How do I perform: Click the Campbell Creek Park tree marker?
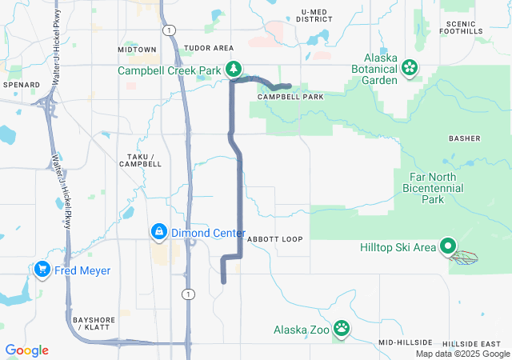pyautogui.click(x=233, y=70)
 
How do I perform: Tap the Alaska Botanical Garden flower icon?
pyautogui.click(x=410, y=66)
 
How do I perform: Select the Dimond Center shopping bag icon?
pyautogui.click(x=158, y=232)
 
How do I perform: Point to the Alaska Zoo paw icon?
pyautogui.click(x=342, y=327)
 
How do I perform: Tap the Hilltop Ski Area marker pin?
pyautogui.click(x=448, y=247)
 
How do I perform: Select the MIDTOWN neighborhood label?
pyautogui.click(x=137, y=50)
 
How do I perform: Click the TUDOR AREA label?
pyautogui.click(x=208, y=49)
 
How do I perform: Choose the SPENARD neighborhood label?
pyautogui.click(x=21, y=84)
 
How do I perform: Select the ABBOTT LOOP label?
pyautogui.click(x=274, y=239)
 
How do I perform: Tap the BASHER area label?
pyautogui.click(x=465, y=138)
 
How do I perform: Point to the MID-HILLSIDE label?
pyautogui.click(x=406, y=342)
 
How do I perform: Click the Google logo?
pyautogui.click(x=26, y=350)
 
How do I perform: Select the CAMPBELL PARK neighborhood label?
pyautogui.click(x=290, y=97)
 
